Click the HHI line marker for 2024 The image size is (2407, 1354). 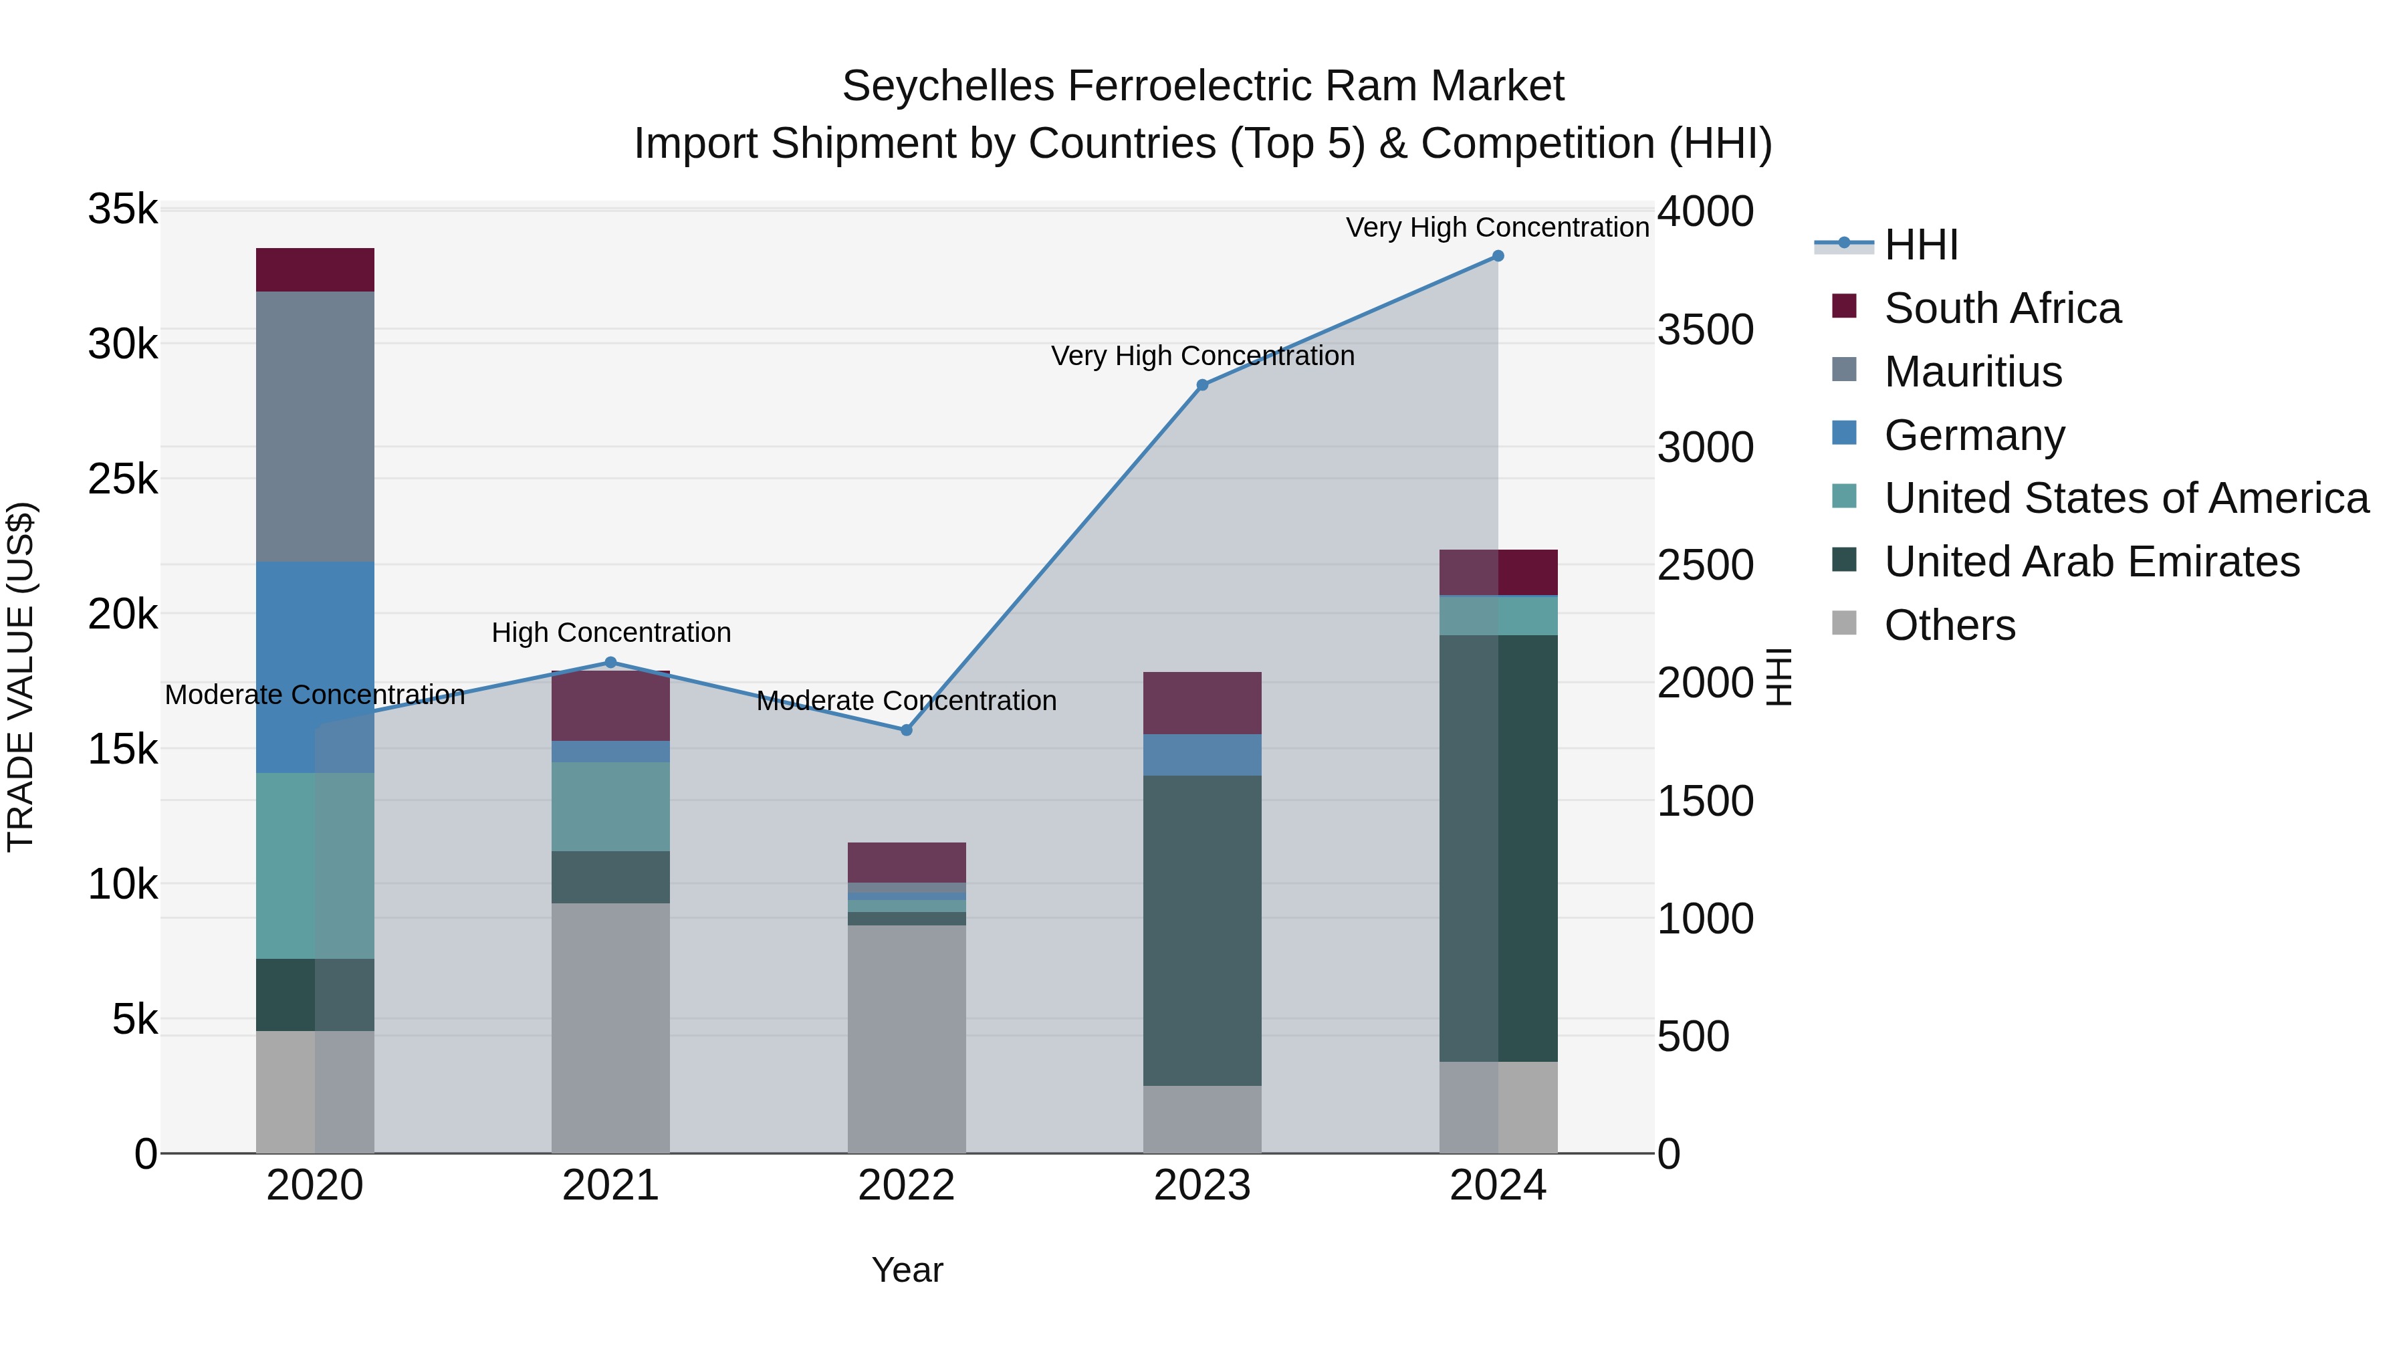click(x=1498, y=256)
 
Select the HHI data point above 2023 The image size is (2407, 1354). click(x=1203, y=385)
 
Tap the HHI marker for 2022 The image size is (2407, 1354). click(x=907, y=729)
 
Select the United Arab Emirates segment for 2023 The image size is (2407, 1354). click(x=1203, y=930)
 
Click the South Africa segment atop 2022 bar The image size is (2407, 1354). click(x=907, y=862)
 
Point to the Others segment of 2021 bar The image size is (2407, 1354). click(x=610, y=1028)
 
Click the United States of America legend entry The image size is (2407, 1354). click(x=2126, y=498)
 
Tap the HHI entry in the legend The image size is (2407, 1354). click(x=1921, y=245)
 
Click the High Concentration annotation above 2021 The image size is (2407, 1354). click(x=611, y=633)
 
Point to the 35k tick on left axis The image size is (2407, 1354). click(x=123, y=209)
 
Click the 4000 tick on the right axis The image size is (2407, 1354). click(x=1705, y=211)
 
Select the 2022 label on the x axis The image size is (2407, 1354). click(x=907, y=1186)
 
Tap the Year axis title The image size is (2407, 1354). click(x=907, y=1270)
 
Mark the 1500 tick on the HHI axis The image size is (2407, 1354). click(x=1705, y=801)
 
